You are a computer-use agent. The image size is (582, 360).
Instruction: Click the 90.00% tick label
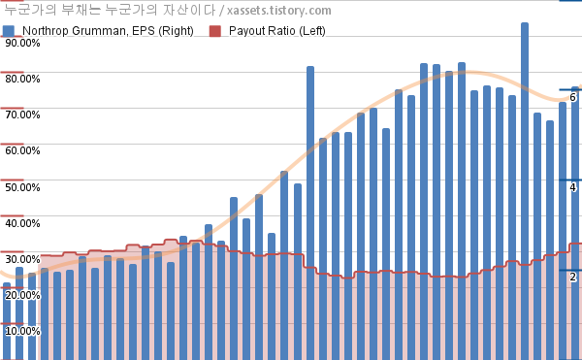click(x=22, y=43)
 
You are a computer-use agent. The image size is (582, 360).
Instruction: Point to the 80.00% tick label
click(x=22, y=79)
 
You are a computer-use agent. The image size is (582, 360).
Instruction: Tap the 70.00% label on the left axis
click(x=22, y=115)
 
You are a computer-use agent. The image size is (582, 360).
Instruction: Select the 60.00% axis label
click(x=22, y=150)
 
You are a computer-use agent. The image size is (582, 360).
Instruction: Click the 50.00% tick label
click(x=22, y=187)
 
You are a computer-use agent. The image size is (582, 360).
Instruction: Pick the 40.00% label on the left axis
click(x=22, y=223)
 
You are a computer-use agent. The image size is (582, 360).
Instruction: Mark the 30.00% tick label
click(x=22, y=259)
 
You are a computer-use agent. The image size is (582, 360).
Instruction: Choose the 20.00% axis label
click(x=22, y=295)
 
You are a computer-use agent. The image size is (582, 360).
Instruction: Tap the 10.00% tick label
click(x=22, y=331)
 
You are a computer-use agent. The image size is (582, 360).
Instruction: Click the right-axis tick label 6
click(x=572, y=97)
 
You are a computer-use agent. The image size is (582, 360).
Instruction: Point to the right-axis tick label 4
click(x=572, y=187)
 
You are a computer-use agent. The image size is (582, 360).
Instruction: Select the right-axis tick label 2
click(x=572, y=277)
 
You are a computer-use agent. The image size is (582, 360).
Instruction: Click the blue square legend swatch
click(x=9, y=31)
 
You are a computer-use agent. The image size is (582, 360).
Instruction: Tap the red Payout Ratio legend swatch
click(x=215, y=31)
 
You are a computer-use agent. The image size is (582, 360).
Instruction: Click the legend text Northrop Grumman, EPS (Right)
click(x=108, y=31)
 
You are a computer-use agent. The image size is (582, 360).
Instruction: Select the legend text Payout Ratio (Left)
click(x=276, y=31)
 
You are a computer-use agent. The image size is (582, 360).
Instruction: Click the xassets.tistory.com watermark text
click(x=279, y=11)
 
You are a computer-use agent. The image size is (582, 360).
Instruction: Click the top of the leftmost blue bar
click(x=7, y=283)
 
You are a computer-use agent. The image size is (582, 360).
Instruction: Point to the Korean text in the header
click(x=110, y=10)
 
